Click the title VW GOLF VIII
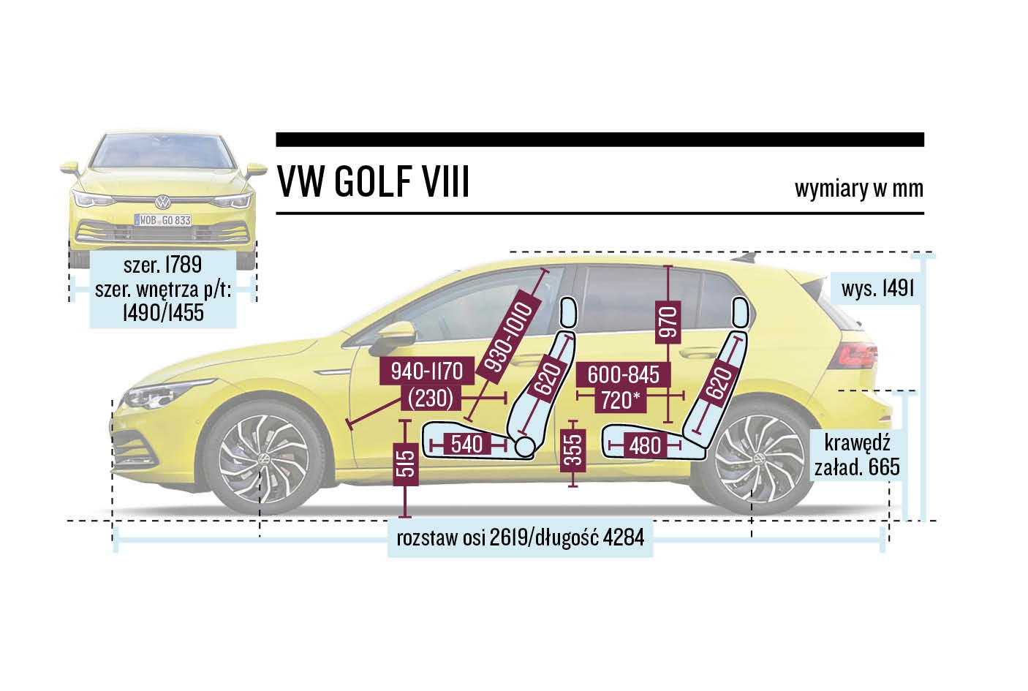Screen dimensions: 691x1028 click(373, 182)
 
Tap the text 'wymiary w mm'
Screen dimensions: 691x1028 click(858, 189)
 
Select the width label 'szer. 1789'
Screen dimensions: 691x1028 click(162, 265)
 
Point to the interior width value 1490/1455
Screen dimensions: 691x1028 click(162, 313)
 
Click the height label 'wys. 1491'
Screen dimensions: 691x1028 click(877, 288)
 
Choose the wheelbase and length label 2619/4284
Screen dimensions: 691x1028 click(520, 538)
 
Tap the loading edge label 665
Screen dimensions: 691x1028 click(857, 456)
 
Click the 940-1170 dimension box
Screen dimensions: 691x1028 click(427, 371)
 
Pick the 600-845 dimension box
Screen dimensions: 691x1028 click(624, 374)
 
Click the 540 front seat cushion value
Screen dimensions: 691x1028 click(466, 443)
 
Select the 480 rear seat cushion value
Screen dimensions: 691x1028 click(645, 445)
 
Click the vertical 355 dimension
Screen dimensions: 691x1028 click(574, 448)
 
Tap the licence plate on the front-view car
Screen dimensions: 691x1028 click(162, 219)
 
